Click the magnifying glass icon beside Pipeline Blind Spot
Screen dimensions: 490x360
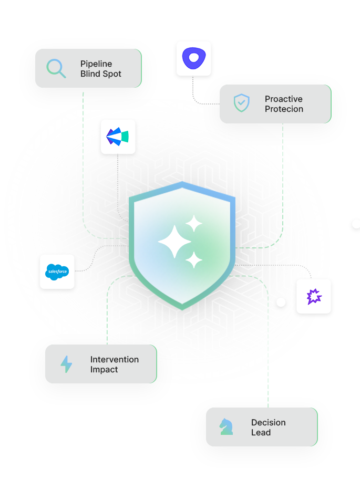(x=56, y=68)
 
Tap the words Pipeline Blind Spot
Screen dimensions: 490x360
(x=100, y=69)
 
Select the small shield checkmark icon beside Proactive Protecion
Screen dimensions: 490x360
(x=242, y=103)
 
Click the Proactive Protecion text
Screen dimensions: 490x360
(x=284, y=104)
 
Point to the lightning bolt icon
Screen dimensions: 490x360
(x=66, y=364)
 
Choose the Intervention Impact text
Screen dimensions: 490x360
(x=114, y=364)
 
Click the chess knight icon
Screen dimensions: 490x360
(x=227, y=426)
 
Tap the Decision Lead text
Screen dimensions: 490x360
(x=268, y=428)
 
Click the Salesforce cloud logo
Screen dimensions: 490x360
(x=57, y=271)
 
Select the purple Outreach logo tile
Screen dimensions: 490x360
(x=193, y=59)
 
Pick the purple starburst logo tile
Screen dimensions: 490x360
(x=314, y=297)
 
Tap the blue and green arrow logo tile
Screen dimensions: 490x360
(x=118, y=137)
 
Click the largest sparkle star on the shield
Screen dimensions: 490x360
(x=174, y=241)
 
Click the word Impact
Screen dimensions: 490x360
(x=104, y=370)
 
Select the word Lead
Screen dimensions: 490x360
(x=261, y=433)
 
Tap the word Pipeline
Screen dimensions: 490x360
(x=96, y=64)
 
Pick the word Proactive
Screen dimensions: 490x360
(x=284, y=99)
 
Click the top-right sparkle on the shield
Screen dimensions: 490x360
(x=194, y=223)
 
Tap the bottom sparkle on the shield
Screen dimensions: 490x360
(x=194, y=259)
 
